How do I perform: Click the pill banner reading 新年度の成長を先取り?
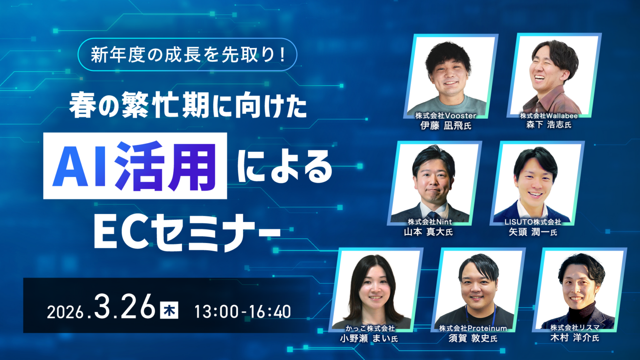tap(187, 55)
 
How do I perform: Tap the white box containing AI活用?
tap(135, 166)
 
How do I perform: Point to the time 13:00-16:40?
tap(242, 312)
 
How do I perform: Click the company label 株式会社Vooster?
tap(445, 115)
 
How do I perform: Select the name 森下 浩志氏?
tap(548, 125)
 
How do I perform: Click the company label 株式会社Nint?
tap(430, 222)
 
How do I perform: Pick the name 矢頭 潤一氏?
tap(533, 232)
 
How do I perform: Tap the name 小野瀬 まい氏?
tap(369, 338)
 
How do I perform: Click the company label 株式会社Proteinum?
tap(473, 328)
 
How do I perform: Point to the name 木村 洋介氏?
tap(575, 337)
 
